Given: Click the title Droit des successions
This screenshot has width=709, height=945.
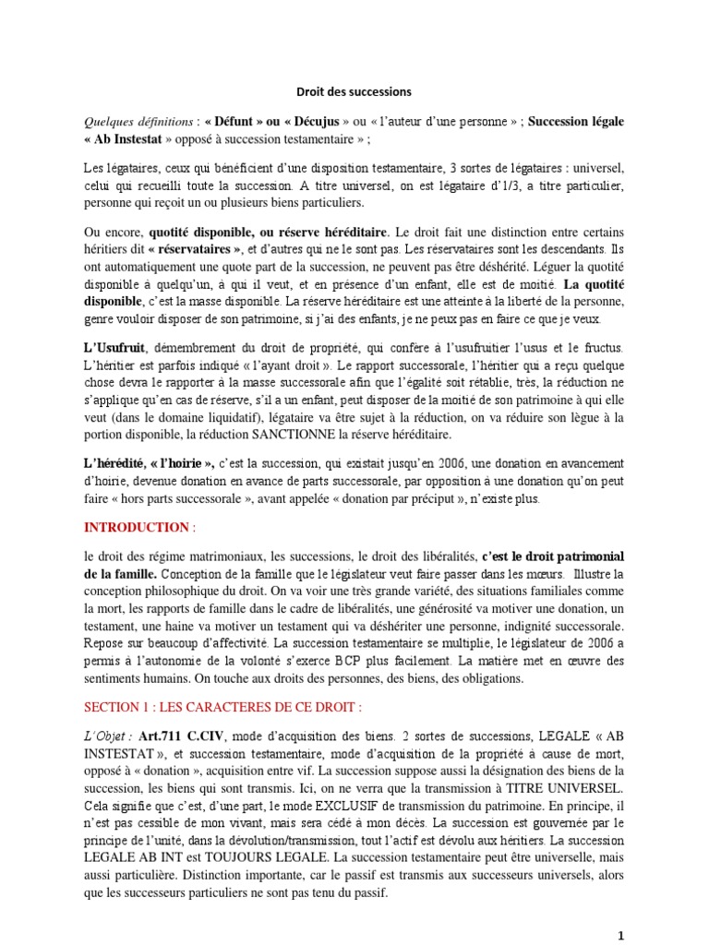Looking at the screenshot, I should tap(354, 92).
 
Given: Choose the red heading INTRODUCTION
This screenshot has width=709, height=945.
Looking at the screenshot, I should tap(136, 527).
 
